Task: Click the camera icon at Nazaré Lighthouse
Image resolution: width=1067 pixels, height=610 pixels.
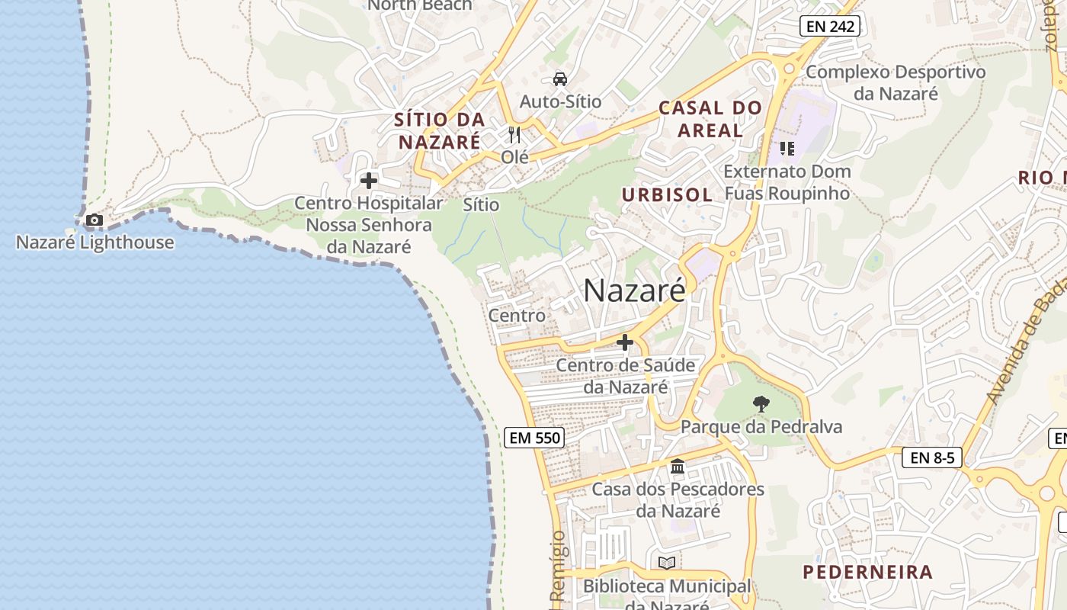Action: [95, 220]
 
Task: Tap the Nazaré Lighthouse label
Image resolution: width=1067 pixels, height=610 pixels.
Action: [95, 242]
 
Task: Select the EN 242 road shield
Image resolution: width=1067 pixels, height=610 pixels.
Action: [830, 27]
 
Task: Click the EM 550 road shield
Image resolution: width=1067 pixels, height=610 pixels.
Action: [534, 438]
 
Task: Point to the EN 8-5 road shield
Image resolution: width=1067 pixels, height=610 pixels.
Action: [931, 457]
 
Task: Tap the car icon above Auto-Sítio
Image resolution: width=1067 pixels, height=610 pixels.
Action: [560, 79]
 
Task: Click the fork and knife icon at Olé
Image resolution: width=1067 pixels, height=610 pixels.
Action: [514, 136]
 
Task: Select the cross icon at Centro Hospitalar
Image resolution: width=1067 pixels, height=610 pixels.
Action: [369, 181]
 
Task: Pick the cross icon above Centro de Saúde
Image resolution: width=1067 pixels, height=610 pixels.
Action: [625, 343]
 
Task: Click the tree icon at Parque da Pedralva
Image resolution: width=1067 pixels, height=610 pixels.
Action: [761, 404]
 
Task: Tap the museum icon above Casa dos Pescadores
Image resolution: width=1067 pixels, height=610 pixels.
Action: [677, 467]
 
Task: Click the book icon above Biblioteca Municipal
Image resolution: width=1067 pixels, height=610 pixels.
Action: [667, 563]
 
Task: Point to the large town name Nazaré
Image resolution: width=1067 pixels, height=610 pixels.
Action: [634, 291]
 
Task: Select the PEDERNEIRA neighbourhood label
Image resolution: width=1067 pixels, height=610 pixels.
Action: [867, 572]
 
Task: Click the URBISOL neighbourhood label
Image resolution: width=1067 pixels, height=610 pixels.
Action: [667, 195]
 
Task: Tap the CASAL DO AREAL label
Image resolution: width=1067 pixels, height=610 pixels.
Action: [710, 119]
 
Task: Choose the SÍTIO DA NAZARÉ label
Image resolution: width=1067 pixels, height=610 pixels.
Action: [440, 130]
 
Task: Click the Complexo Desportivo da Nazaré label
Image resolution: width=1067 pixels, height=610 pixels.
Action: [896, 83]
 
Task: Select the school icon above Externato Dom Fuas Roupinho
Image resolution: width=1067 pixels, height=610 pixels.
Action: [786, 149]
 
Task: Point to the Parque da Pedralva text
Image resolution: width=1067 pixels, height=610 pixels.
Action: [761, 426]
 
